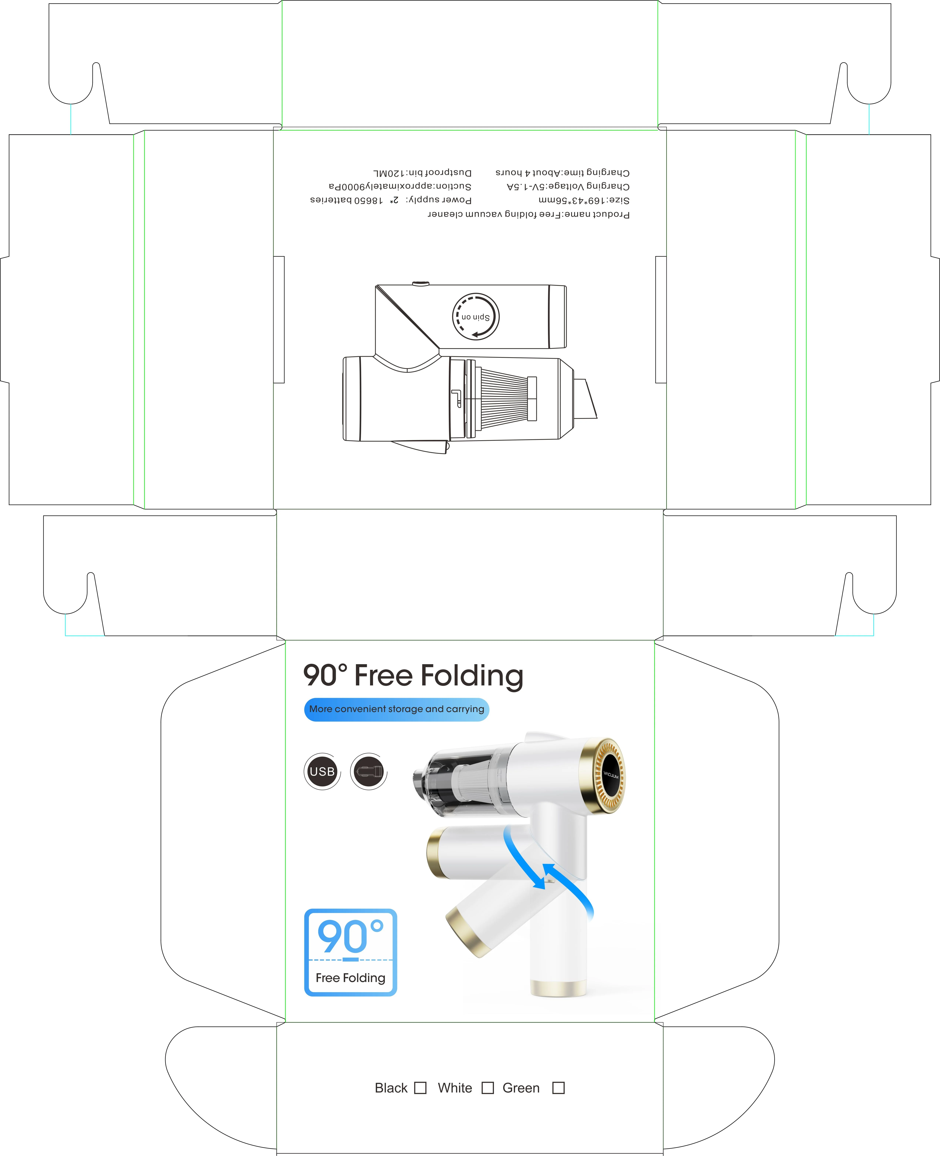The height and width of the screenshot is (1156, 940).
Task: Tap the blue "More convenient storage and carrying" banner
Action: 396,709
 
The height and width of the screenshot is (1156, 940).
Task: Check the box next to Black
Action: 420,1088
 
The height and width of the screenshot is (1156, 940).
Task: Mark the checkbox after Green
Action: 558,1088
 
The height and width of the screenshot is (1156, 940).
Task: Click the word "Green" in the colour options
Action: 521,1088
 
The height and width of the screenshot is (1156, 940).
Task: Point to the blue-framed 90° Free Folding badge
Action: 350,952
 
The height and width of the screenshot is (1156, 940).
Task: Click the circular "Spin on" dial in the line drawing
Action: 475,317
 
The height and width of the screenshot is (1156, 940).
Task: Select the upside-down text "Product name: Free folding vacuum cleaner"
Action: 529,214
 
